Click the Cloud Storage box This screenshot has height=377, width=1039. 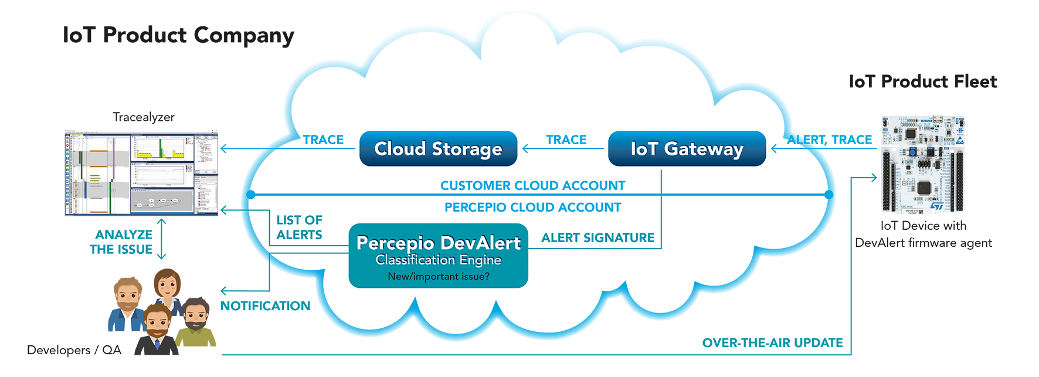coord(438,149)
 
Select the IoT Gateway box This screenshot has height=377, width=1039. coord(687,149)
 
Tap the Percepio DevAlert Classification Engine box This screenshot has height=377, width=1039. coord(438,256)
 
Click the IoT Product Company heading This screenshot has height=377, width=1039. coord(178,36)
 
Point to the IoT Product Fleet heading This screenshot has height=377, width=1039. coord(922,81)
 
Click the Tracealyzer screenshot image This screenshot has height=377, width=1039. coord(141,173)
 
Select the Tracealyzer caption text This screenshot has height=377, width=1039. coord(144,117)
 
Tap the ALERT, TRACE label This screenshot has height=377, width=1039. coord(829,140)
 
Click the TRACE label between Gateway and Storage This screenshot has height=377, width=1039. coord(566,140)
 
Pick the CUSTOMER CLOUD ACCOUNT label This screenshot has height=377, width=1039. coord(532,186)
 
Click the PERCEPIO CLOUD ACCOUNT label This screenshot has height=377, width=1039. coord(532,208)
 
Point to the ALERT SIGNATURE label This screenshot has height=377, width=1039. coord(597,237)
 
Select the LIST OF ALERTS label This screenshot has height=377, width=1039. coord(299,227)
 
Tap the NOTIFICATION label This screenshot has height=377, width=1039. coord(265,306)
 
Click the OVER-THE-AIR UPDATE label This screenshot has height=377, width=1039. coord(772,343)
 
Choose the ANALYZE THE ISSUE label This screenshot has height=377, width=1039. coord(121,242)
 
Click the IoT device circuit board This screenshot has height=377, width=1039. coord(923,164)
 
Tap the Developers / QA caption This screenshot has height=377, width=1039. coord(74,350)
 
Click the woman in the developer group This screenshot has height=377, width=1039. coord(168,290)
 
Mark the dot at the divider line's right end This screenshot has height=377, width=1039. coord(829,195)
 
